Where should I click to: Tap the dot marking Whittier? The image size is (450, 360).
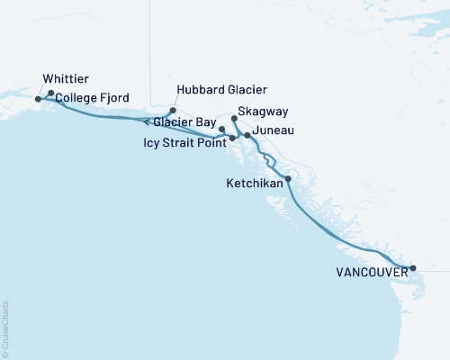pyautogui.click(x=38, y=99)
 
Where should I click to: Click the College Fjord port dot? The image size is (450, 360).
pyautogui.click(x=51, y=94)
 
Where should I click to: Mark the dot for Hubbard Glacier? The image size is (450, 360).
pyautogui.click(x=173, y=111)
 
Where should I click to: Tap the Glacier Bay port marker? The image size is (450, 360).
pyautogui.click(x=221, y=130)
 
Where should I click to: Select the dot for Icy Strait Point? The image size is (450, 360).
pyautogui.click(x=232, y=139)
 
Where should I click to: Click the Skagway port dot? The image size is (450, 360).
pyautogui.click(x=234, y=119)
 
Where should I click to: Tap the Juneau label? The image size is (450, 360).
pyautogui.click(x=274, y=131)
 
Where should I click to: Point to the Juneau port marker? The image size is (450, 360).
pyautogui.click(x=247, y=135)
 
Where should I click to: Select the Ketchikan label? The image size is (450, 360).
pyautogui.click(x=254, y=184)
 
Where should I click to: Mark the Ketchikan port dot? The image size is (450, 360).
pyautogui.click(x=288, y=179)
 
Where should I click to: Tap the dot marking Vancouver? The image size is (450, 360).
pyautogui.click(x=413, y=268)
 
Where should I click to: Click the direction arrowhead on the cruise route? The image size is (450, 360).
pyautogui.click(x=146, y=122)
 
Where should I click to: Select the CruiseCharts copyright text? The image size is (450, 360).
pyautogui.click(x=5, y=328)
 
